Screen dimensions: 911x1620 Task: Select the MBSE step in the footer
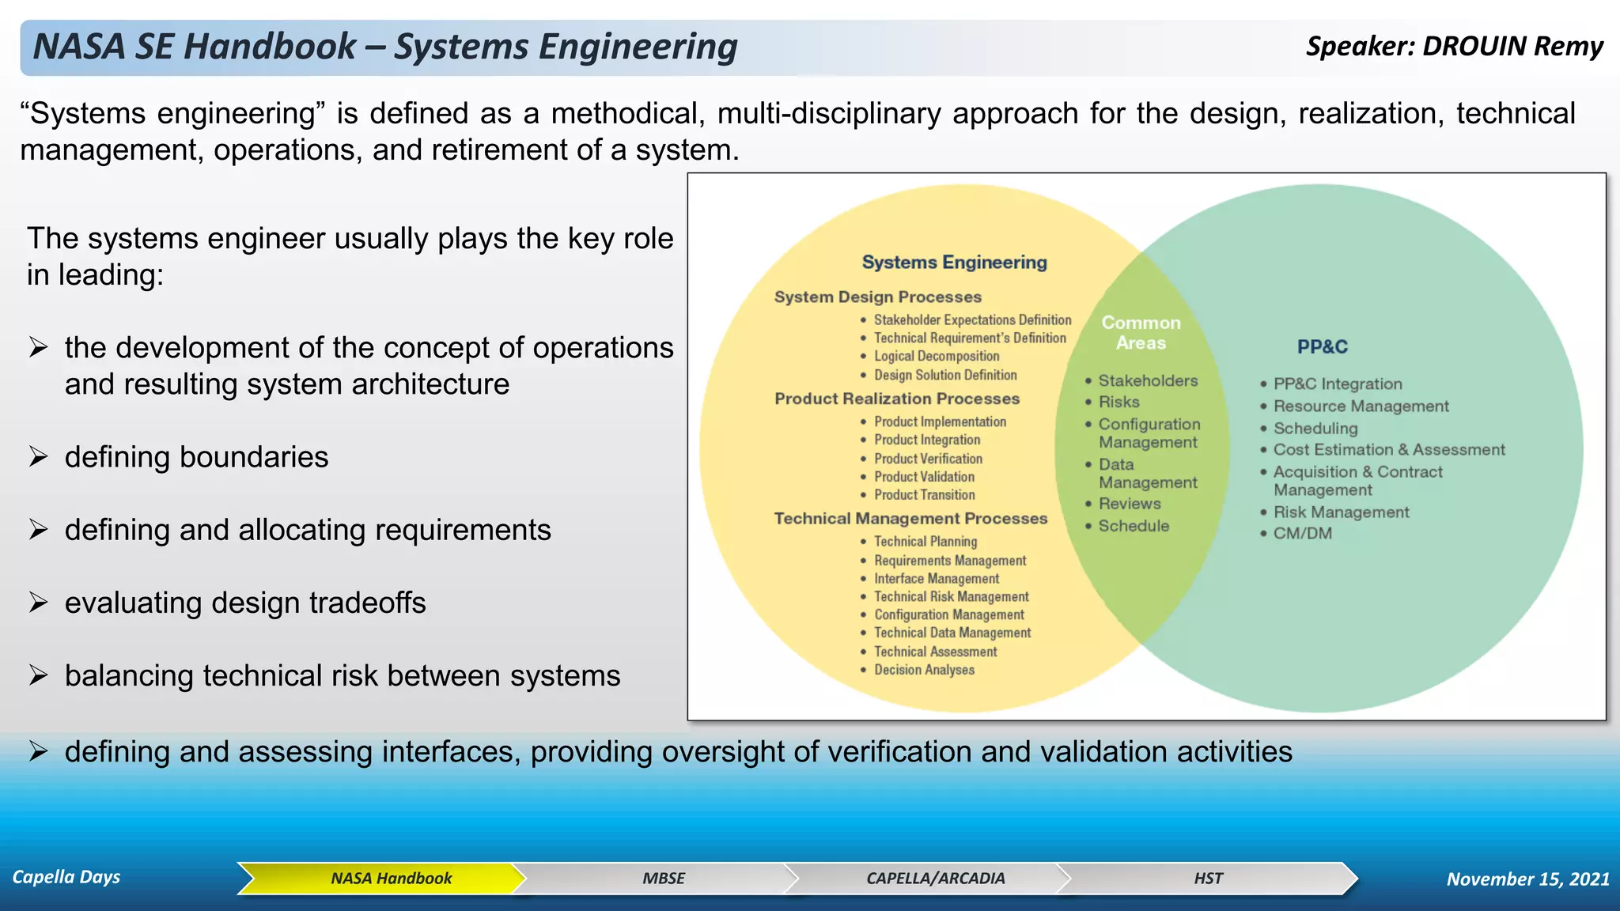[x=663, y=879]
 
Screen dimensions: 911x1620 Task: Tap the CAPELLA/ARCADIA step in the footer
[x=935, y=879]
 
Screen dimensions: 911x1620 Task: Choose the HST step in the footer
[x=1208, y=879]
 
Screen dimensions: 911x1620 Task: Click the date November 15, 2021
[x=1527, y=879]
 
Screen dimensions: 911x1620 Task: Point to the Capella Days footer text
[x=66, y=877]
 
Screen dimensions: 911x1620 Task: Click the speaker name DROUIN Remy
[x=1512, y=46]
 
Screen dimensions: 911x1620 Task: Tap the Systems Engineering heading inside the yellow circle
[x=954, y=263]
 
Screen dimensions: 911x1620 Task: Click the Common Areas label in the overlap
[x=1141, y=333]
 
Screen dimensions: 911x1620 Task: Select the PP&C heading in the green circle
[x=1322, y=346]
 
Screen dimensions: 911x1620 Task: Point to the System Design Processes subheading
[x=877, y=297]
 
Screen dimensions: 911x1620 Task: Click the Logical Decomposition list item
[x=937, y=357]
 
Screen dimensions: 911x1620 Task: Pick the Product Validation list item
[x=924, y=477]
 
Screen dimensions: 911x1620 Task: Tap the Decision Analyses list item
[x=924, y=670]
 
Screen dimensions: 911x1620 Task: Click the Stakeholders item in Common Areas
[x=1148, y=381]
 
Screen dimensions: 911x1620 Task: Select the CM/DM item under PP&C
[x=1302, y=534]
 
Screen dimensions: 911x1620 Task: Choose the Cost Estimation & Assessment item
[x=1388, y=450]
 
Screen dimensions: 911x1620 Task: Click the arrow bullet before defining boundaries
[x=39, y=457]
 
